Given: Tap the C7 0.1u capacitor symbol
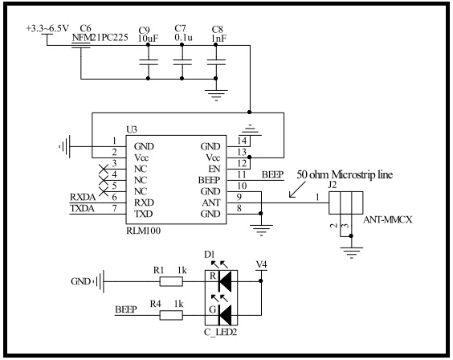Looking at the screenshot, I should coord(183,61).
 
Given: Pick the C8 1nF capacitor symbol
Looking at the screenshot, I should coord(215,61).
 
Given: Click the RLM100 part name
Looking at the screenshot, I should coord(144,230).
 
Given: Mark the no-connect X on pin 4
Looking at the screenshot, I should coord(102,174).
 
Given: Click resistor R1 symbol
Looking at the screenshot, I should coord(172,281).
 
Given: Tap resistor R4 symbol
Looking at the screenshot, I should coord(172,315).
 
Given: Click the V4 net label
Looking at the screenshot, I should coord(260,263).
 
